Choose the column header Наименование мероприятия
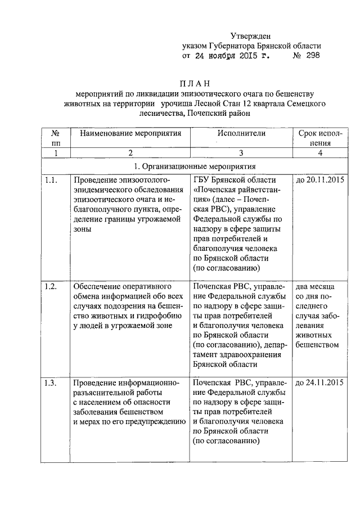[x=130, y=133]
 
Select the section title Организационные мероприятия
[x=194, y=166]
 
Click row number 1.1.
[x=51, y=180]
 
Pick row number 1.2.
[x=51, y=287]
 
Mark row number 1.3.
[x=51, y=384]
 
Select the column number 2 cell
[x=130, y=153]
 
